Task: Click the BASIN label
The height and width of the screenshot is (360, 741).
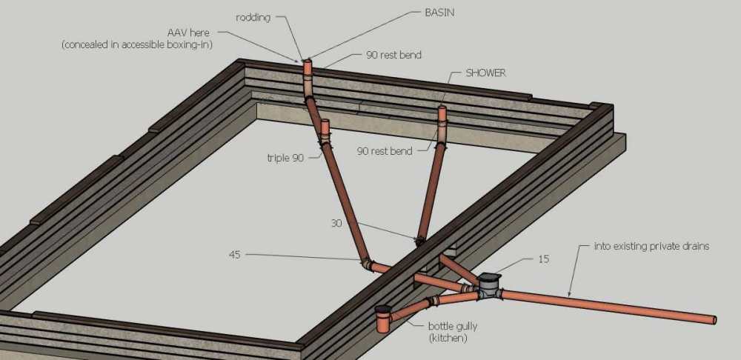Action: (x=439, y=13)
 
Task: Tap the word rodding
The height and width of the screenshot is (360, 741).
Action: (x=253, y=18)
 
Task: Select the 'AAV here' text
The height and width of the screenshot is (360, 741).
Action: (x=187, y=33)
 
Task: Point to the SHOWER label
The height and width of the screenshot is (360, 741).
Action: (x=486, y=73)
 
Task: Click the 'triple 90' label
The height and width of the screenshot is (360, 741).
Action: (x=285, y=159)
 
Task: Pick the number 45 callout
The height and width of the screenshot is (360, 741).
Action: (x=234, y=255)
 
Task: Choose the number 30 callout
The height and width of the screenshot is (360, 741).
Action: (x=336, y=222)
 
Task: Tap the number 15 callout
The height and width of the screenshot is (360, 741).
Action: (x=543, y=259)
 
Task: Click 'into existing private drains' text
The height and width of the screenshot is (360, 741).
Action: (x=651, y=247)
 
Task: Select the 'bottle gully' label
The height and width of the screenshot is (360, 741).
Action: (x=452, y=327)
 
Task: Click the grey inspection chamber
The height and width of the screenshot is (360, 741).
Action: (x=489, y=287)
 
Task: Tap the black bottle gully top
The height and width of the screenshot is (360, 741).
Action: (x=383, y=310)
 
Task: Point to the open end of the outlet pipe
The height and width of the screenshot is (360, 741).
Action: (x=714, y=320)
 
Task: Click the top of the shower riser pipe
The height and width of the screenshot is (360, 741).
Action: (x=442, y=109)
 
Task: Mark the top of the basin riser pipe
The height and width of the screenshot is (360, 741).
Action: (x=308, y=61)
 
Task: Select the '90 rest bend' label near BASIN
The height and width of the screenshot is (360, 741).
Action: (x=393, y=56)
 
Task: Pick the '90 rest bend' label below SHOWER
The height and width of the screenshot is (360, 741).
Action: (x=385, y=152)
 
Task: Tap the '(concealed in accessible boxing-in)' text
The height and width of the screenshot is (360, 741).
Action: (x=136, y=45)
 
